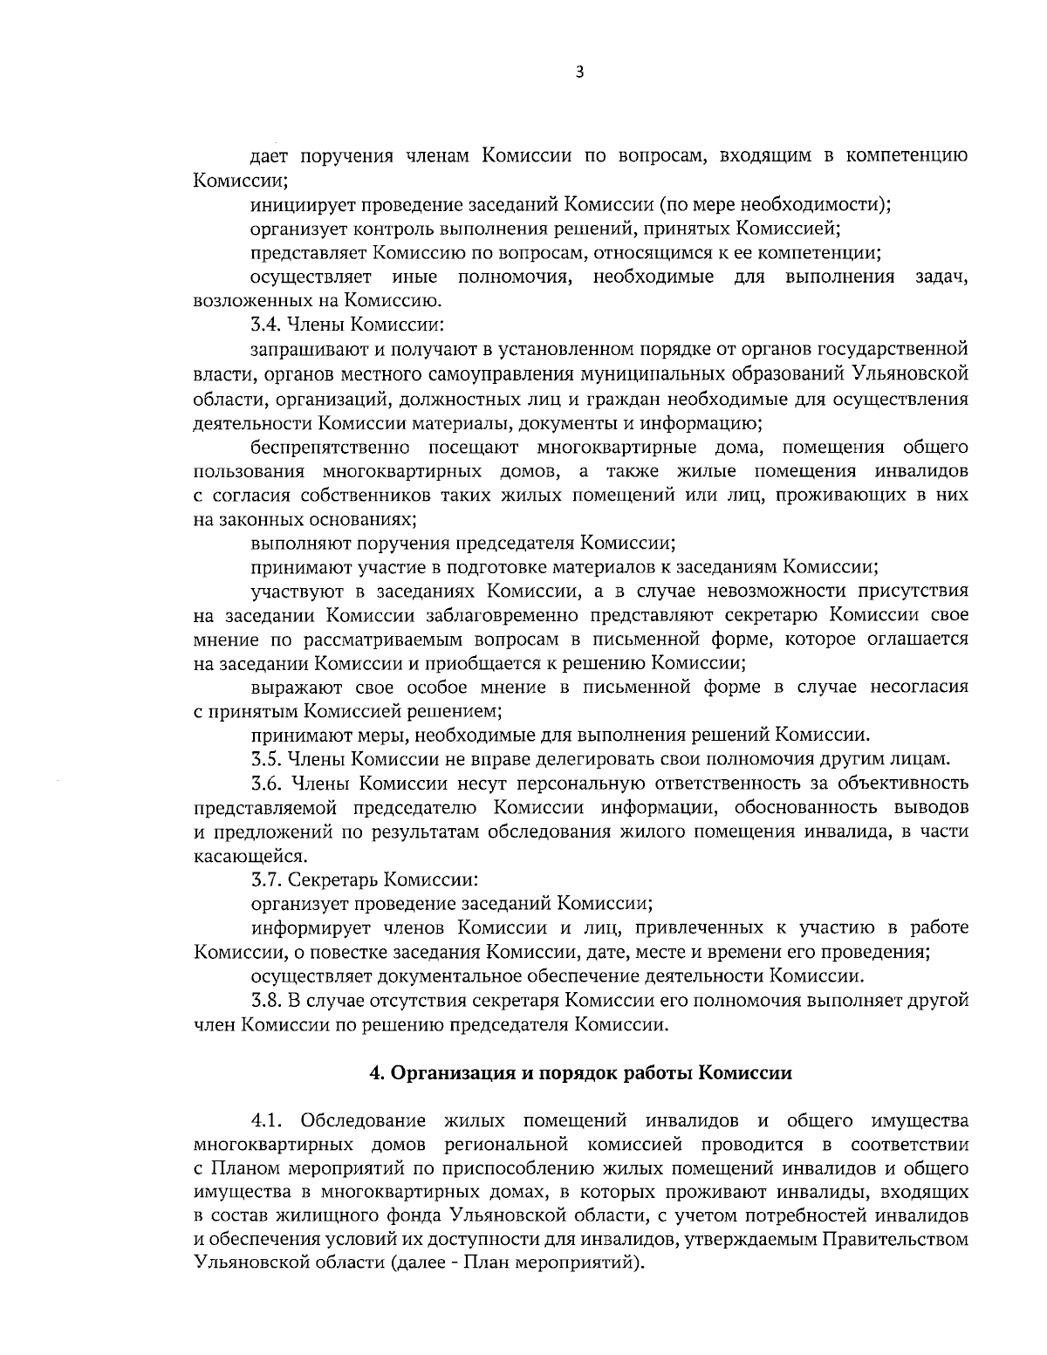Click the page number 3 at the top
(579, 73)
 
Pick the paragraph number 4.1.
(267, 1119)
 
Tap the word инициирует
(299, 206)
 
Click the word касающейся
(236, 854)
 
